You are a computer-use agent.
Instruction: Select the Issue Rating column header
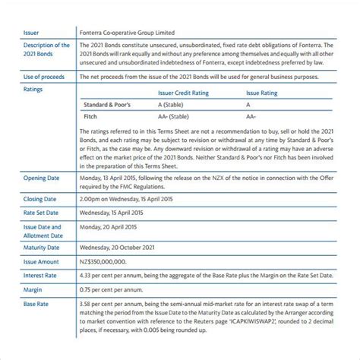tap(260, 93)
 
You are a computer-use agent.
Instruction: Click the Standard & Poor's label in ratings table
tap(111, 104)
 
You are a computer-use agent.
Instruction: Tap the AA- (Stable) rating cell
tap(175, 118)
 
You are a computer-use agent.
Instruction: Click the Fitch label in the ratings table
tap(90, 118)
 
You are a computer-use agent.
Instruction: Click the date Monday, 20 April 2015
tap(109, 226)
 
